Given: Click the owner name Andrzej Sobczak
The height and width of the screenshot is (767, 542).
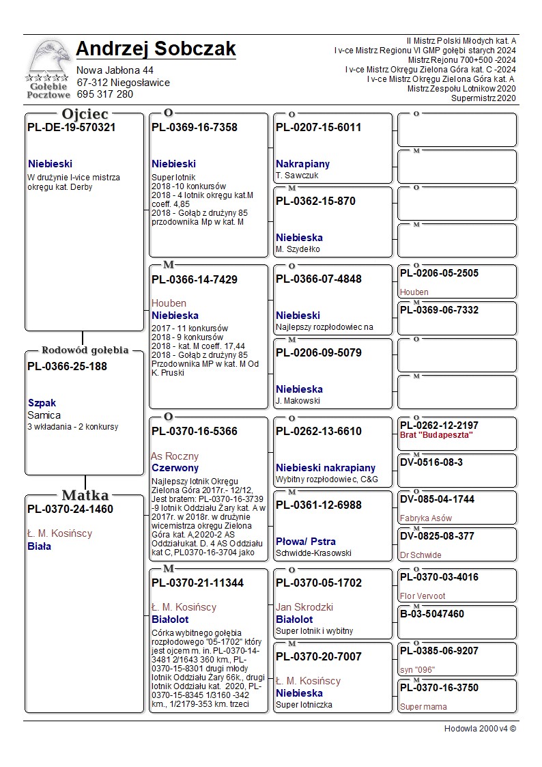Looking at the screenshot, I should pos(156,49).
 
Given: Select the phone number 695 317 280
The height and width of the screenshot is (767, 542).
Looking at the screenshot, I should pos(105,94).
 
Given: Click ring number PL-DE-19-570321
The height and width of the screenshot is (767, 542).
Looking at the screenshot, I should pos(72,128).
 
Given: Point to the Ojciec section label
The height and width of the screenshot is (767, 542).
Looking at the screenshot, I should pos(85,114).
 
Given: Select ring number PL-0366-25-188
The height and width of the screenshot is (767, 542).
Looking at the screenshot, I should pos(67,367).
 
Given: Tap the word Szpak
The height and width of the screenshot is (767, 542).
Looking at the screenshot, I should pos(42,403).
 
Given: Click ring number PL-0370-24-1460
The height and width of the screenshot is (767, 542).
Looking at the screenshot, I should pos(70,510).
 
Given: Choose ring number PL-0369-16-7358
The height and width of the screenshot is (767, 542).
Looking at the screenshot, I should pos(195,128).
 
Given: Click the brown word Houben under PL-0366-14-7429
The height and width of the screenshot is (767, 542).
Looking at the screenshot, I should pos(169,303).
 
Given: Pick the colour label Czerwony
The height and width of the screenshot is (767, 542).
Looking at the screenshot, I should pos(175,469).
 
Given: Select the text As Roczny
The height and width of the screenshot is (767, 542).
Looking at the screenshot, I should pos(175,456).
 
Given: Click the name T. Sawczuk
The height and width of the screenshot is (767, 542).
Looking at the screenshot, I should pos(297,176).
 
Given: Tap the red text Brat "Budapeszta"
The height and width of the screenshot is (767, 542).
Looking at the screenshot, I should pos(436,435).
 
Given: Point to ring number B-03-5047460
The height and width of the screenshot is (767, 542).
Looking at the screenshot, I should pos(432,614).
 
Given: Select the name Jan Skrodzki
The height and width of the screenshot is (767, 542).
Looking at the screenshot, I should pos(304,607).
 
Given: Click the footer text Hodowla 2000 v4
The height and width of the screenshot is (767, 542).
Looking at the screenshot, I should pos(480,729).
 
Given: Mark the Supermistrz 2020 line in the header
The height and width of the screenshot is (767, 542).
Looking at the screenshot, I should pos(483,98).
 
